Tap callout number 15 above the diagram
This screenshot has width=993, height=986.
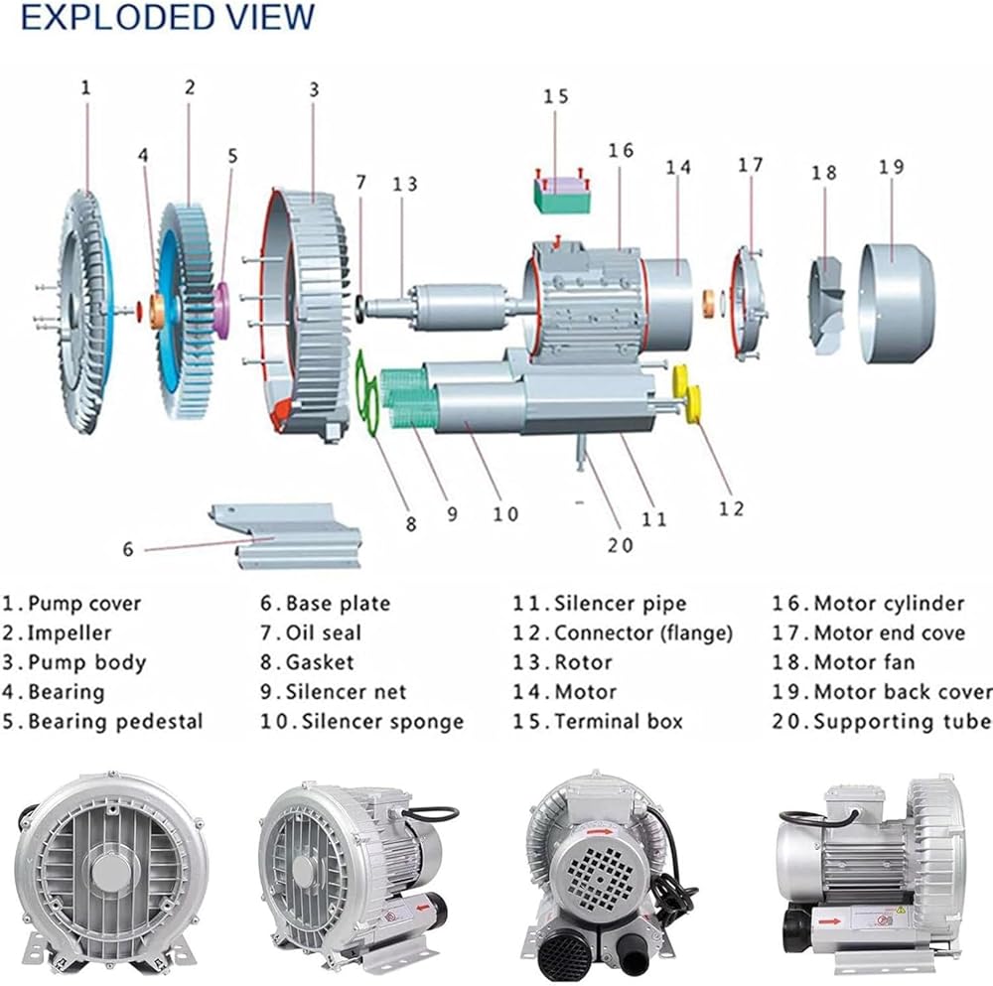[556, 97]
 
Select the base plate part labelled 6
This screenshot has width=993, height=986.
[288, 536]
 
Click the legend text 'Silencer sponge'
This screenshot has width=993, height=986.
[382, 721]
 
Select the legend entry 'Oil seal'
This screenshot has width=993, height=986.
[324, 633]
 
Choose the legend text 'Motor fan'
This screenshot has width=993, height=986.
[864, 662]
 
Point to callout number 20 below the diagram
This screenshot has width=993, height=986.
[620, 544]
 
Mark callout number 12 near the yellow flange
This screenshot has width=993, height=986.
[731, 508]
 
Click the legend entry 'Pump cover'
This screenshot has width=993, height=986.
[84, 603]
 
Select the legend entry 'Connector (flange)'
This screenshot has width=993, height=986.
[642, 633]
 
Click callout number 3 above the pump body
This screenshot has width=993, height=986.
[314, 88]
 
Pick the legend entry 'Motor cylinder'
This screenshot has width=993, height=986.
[889, 603]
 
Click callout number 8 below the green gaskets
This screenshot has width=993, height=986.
[410, 523]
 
